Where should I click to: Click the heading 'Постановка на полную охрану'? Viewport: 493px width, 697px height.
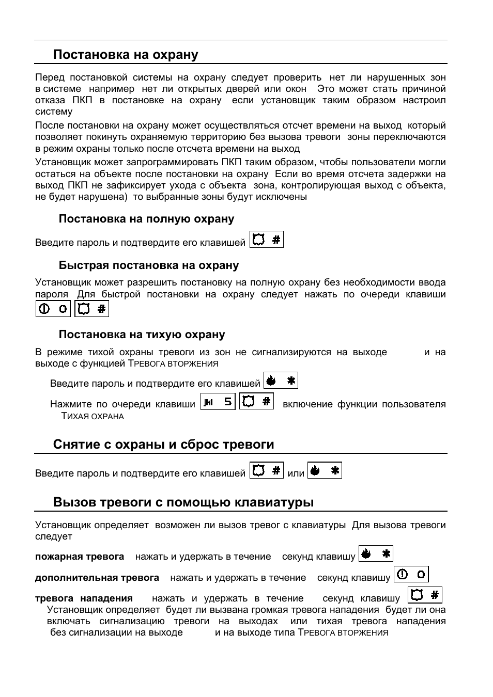click(146, 219)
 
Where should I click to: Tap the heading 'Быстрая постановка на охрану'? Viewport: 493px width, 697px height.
click(148, 265)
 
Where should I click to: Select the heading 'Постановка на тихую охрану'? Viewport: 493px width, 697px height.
click(142, 335)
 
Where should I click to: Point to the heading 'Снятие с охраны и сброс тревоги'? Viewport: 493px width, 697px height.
click(163, 445)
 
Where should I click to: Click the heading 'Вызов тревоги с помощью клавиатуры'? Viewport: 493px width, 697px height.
click(183, 502)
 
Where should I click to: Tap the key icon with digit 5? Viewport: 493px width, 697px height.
click(218, 402)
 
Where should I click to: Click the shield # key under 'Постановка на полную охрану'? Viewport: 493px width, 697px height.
click(267, 240)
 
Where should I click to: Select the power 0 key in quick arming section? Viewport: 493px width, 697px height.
click(53, 309)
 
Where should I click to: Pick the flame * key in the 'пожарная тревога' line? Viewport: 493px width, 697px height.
click(376, 554)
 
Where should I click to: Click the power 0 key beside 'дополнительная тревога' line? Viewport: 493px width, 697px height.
click(411, 575)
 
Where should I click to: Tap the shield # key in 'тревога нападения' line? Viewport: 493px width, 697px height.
click(425, 595)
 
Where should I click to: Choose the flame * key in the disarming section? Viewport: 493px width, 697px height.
click(325, 471)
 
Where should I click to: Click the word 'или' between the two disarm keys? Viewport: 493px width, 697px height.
click(296, 473)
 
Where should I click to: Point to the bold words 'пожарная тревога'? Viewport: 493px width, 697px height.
click(80, 557)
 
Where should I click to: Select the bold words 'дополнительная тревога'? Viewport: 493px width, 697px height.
click(97, 578)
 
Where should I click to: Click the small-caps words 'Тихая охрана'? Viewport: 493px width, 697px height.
click(93, 416)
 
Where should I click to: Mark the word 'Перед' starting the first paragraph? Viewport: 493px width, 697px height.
click(50, 77)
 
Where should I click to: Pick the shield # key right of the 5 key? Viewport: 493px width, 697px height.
click(257, 402)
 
